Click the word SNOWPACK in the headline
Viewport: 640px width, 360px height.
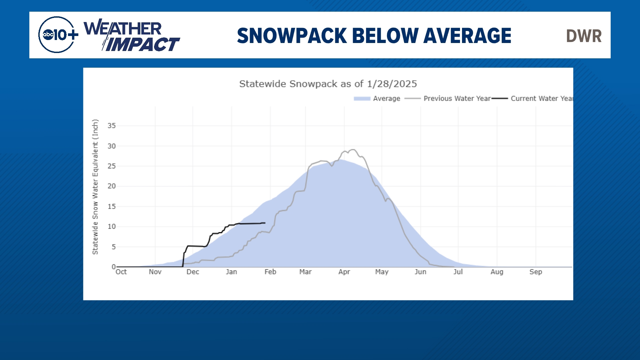(292, 36)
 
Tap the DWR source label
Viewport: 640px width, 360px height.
(584, 36)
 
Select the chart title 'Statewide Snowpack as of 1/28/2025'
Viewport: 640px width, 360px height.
(328, 84)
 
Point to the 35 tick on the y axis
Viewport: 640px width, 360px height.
(112, 126)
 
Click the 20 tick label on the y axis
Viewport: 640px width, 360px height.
(112, 186)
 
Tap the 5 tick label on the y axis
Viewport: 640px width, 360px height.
(114, 247)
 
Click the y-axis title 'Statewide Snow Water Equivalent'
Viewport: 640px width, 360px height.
(95, 187)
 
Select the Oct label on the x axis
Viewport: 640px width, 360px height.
(121, 272)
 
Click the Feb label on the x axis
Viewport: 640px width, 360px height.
(270, 272)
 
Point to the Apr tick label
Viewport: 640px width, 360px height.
(344, 272)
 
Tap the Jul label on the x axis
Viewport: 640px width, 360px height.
(458, 272)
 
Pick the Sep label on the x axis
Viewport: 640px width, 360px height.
(536, 272)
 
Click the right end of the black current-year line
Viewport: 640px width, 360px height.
(265, 223)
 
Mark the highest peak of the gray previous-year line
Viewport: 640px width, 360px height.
(353, 150)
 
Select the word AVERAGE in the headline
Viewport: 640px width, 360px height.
(467, 36)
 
